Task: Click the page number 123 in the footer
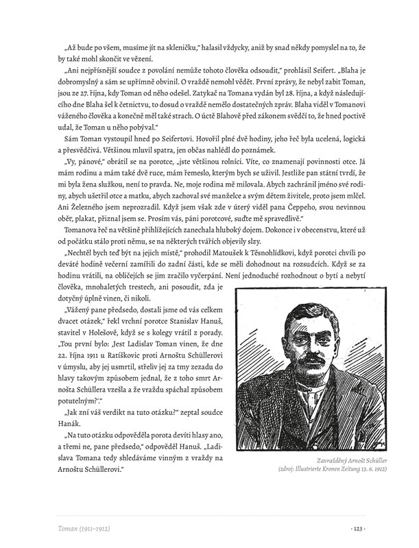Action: tap(359, 528)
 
